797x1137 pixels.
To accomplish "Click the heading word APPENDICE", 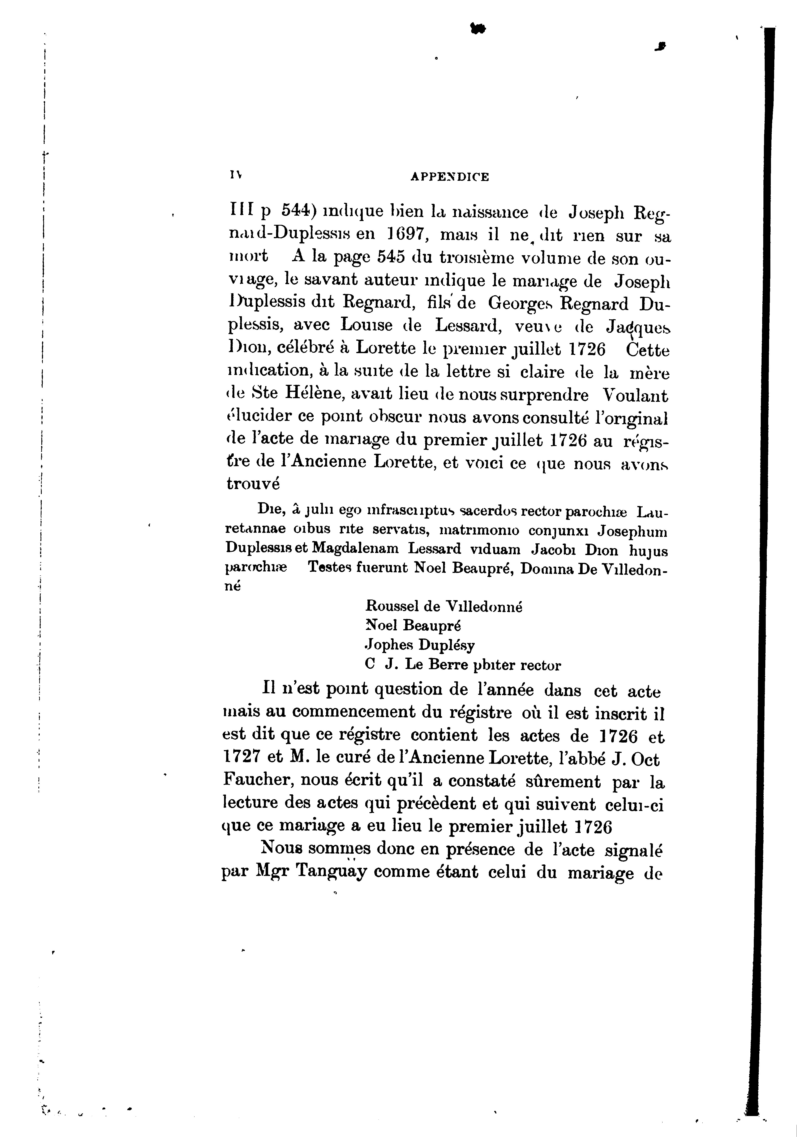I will (450, 177).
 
